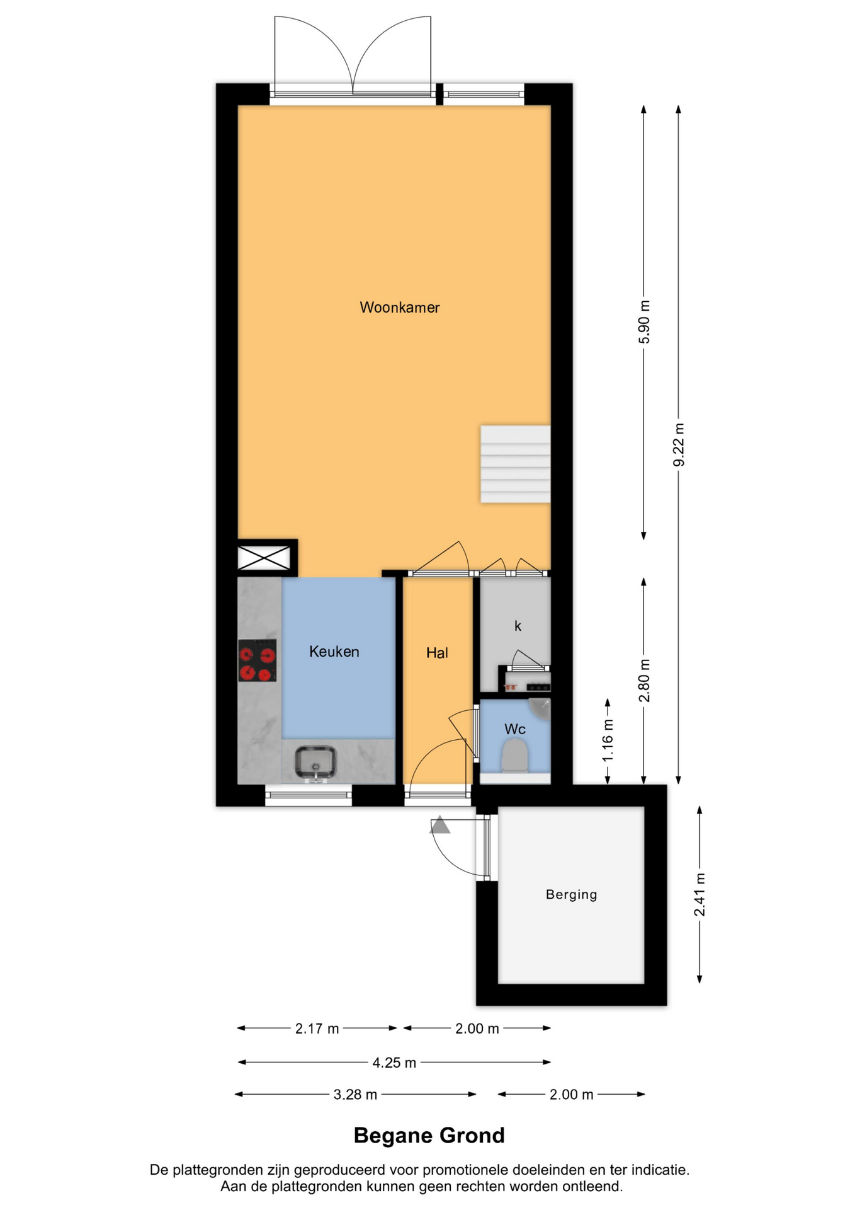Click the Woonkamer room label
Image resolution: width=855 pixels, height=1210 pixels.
tap(399, 308)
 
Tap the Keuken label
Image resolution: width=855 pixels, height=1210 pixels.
tap(334, 652)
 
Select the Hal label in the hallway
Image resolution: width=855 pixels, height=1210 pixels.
tap(437, 653)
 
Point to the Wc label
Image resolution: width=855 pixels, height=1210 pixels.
tap(515, 729)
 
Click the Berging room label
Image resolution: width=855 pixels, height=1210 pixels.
tap(571, 894)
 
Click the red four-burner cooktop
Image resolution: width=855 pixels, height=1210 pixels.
tap(258, 660)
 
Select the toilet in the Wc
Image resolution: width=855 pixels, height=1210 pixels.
tap(515, 756)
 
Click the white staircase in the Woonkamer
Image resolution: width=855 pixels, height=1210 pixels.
tap(516, 464)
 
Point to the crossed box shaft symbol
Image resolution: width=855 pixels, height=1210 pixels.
tap(264, 558)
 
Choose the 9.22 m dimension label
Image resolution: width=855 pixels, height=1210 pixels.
tap(679, 445)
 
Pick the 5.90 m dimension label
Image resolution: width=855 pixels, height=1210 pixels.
tap(644, 322)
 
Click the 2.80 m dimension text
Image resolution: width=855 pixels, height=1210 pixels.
tap(644, 681)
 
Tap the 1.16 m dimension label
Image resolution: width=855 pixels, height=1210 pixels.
tap(608, 740)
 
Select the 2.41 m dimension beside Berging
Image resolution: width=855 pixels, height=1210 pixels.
tap(699, 896)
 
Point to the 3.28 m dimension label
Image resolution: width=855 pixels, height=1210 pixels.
tap(355, 1095)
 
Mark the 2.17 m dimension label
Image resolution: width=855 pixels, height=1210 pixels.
tap(317, 1029)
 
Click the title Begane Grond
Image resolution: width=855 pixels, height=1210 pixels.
tap(429, 1135)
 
